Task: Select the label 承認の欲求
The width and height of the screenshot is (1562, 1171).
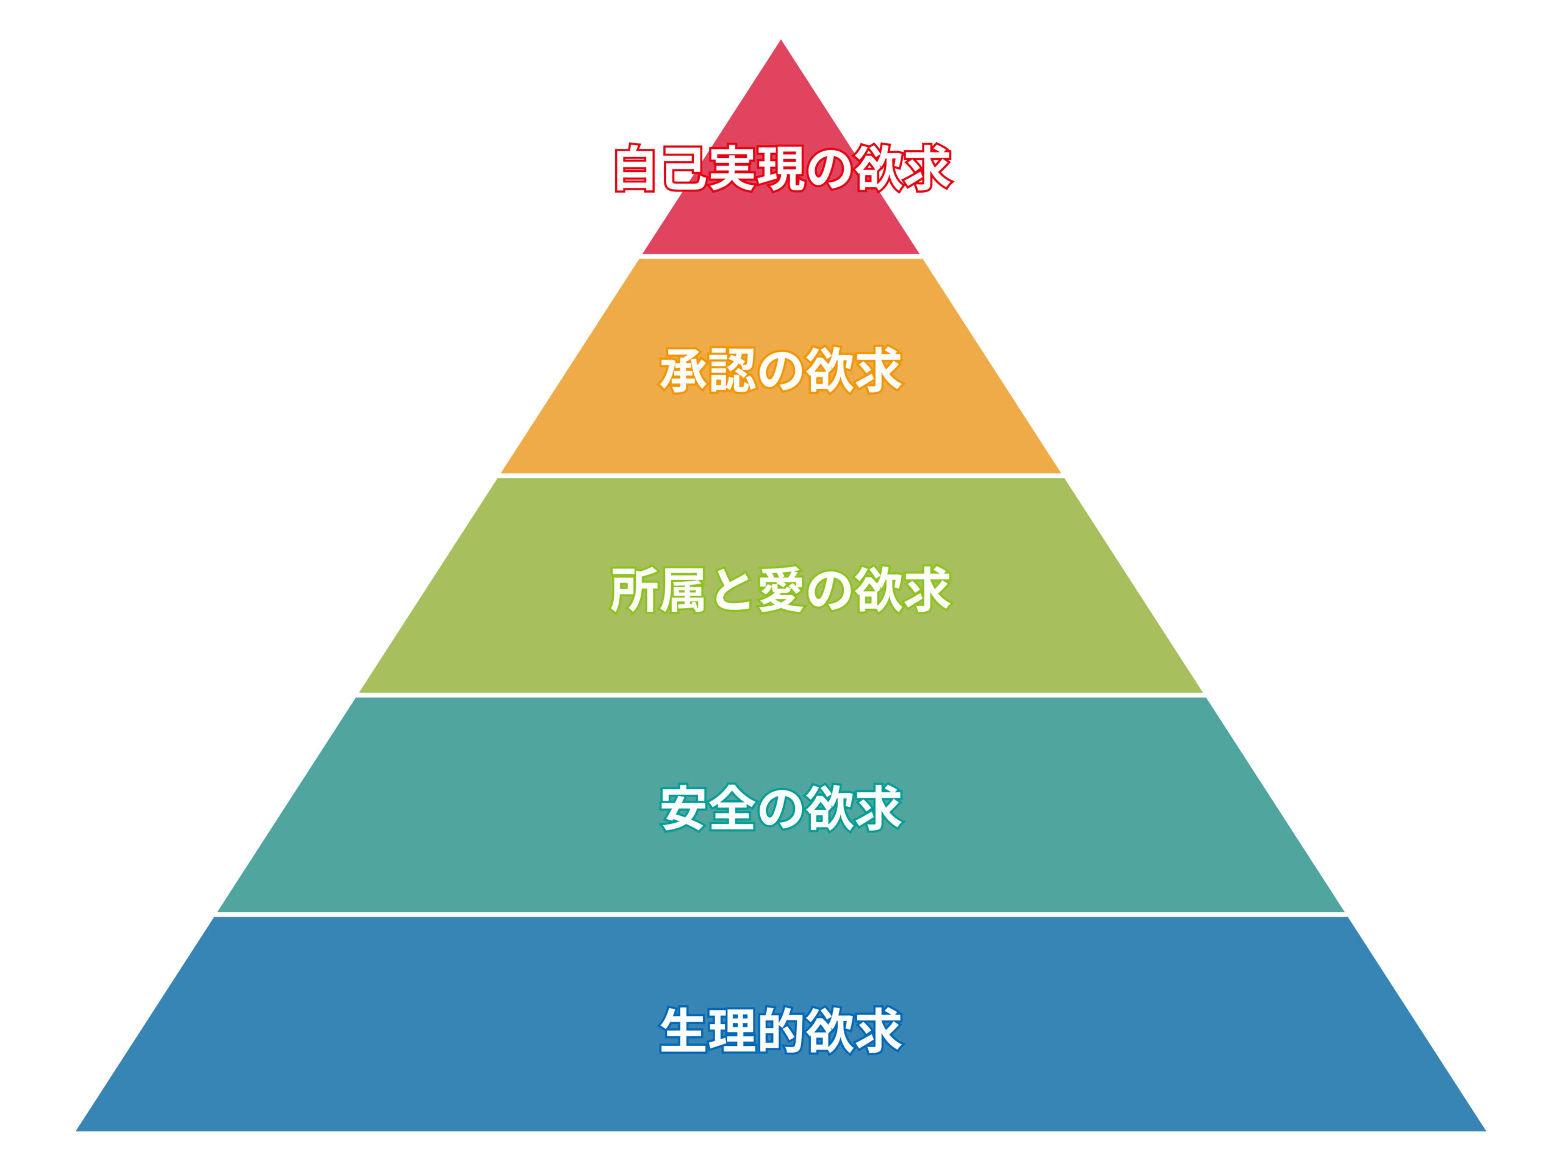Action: point(781,370)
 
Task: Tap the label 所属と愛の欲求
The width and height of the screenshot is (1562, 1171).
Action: point(781,589)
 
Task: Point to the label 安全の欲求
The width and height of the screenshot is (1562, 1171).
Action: point(781,808)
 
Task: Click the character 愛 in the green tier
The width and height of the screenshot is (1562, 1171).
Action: point(780,589)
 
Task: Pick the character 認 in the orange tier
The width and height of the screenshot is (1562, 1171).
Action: point(732,370)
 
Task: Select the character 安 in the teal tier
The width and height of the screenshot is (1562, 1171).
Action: point(683,808)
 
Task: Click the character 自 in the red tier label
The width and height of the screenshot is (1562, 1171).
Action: point(636,168)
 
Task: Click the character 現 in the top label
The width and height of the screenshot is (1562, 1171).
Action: point(782,168)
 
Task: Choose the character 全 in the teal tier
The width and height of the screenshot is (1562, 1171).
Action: point(732,808)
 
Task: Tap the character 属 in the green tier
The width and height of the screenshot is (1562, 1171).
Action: point(683,589)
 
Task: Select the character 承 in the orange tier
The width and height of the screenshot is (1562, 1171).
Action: point(683,370)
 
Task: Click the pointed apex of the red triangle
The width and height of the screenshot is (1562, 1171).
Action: point(780,40)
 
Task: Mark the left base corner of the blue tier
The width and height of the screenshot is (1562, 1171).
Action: point(76,1131)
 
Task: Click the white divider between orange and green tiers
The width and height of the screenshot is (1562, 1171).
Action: point(780,476)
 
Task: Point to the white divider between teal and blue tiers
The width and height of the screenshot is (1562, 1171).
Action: point(780,914)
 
